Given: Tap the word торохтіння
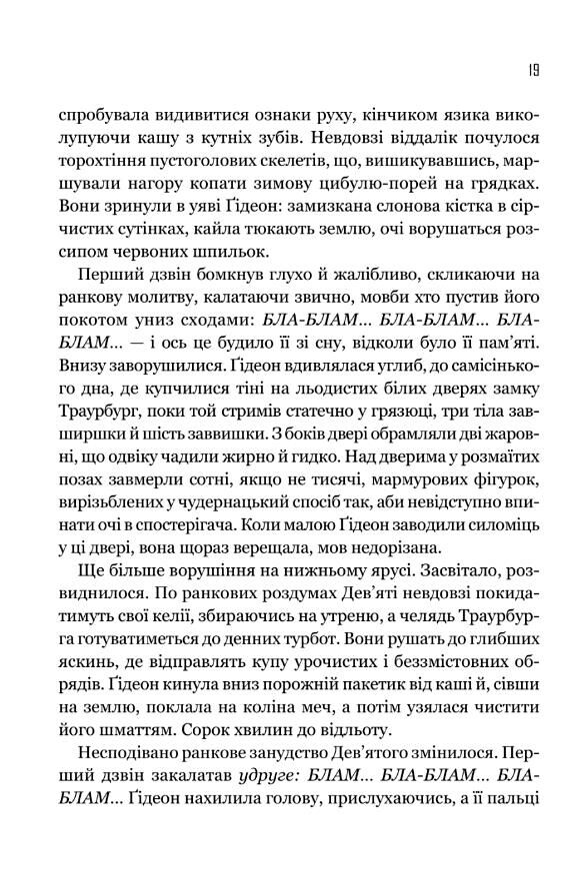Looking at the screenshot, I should [101, 162].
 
